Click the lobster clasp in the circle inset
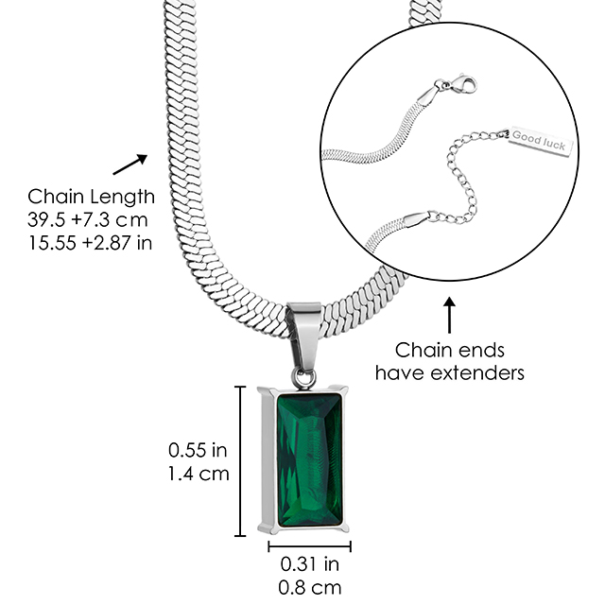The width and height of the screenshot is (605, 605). pos(453,88)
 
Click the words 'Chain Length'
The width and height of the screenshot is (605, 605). pos(92,197)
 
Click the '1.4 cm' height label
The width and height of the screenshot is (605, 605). pos(199,473)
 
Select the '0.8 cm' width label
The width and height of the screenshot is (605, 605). pos(309,588)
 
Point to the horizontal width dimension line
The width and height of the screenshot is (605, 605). pos(309,545)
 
